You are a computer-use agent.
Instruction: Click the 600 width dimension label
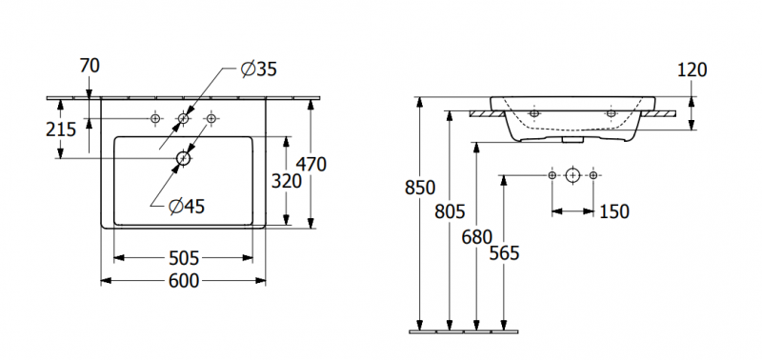[x=184, y=281]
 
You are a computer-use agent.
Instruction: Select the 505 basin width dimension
[x=184, y=258]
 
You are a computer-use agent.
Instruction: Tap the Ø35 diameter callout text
[x=258, y=70]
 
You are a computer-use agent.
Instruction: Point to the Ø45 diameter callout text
[x=187, y=207]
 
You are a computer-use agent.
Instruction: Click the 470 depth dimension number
[x=311, y=165]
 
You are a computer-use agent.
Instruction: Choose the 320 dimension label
[x=287, y=182]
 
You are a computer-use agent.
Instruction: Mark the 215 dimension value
[x=61, y=130]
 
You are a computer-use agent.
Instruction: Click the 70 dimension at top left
[x=90, y=66]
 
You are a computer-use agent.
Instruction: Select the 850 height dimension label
[x=420, y=188]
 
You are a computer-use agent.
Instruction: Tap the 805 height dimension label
[x=450, y=211]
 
